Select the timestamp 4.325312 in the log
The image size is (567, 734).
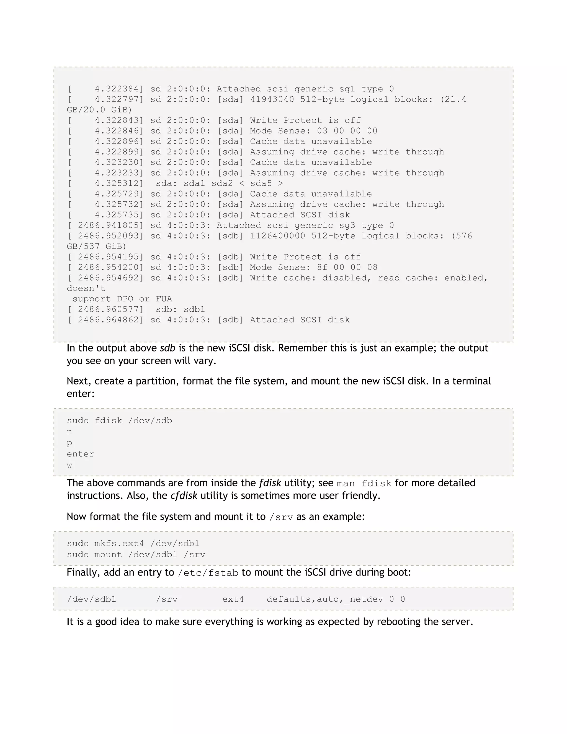coord(117,183)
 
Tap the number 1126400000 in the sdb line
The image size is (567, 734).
coord(277,236)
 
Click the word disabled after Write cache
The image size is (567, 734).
coord(346,278)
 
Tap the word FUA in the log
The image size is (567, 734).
coord(164,299)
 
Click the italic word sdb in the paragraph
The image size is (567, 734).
coord(167,348)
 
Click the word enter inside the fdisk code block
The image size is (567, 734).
coord(80,454)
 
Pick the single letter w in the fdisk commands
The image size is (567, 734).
coord(69,466)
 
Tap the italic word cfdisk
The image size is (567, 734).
coord(184,496)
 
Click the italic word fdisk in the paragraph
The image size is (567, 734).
coord(270,483)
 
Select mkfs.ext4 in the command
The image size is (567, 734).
coord(119,543)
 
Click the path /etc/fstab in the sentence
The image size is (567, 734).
coord(208,573)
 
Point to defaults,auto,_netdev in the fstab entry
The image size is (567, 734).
coord(325,599)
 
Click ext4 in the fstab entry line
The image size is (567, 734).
coord(233,599)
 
